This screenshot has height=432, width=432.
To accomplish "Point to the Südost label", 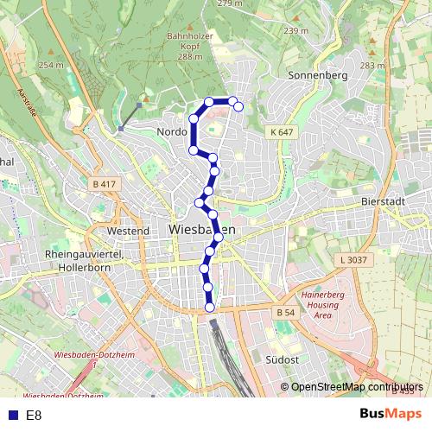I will pyautogui.click(x=283, y=359).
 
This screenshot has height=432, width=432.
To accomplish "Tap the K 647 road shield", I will pyautogui.click(x=282, y=132).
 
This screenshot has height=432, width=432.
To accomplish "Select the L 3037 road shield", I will pyautogui.click(x=353, y=259).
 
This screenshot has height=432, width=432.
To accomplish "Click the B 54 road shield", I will pyautogui.click(x=286, y=312).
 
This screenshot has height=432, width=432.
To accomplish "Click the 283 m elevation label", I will pyautogui.click(x=372, y=66).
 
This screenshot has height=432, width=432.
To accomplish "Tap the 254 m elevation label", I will pyautogui.click(x=51, y=66).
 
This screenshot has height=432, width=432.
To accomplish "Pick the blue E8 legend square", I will pyautogui.click(x=13, y=416).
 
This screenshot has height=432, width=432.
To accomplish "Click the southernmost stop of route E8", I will pyautogui.click(x=209, y=307).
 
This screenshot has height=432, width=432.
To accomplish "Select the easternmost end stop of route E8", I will pyautogui.click(x=238, y=107).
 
